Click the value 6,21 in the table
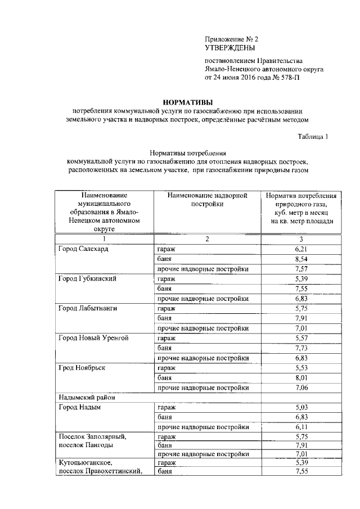coord(303,249)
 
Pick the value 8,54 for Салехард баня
coord(303,259)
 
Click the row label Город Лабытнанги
coord(88,308)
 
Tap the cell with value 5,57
coord(303,338)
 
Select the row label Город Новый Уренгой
coord(94,338)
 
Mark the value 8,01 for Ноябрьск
coord(303,378)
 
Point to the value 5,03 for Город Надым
coord(303,408)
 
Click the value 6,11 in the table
coord(303,427)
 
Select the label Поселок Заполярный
coord(92,437)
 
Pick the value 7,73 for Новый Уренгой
coord(303,348)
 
